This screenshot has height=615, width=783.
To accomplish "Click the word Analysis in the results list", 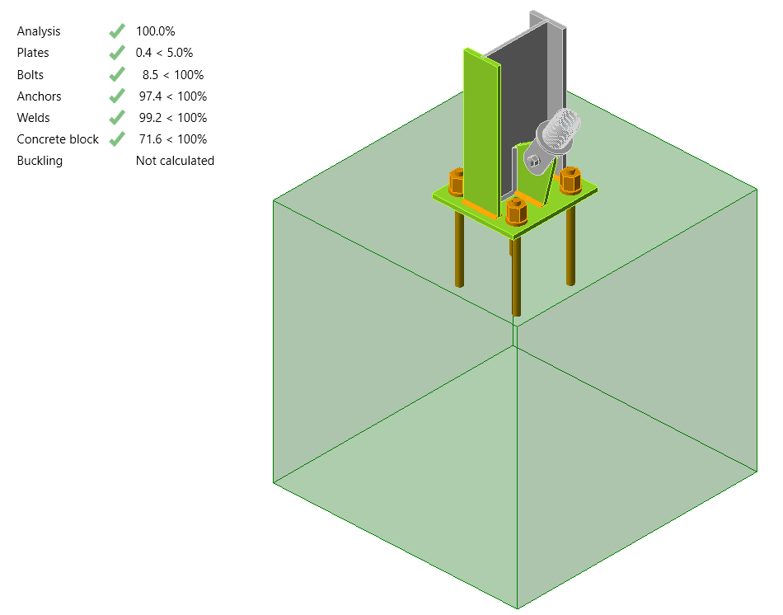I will [x=38, y=31].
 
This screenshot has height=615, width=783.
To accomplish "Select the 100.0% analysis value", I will [x=155, y=31].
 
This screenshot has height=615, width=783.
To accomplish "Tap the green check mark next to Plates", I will [x=116, y=53].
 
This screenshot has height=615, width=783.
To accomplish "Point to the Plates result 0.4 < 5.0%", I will [x=164, y=53].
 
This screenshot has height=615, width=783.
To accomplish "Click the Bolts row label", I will [x=30, y=75].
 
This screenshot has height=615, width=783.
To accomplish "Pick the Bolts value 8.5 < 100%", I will [x=172, y=75].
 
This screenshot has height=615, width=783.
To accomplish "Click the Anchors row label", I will [x=39, y=96].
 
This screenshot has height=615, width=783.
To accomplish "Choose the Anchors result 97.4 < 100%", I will [x=172, y=96].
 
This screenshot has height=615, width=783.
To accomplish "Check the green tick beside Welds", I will [x=116, y=118].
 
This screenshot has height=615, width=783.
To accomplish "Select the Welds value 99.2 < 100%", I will [x=172, y=118].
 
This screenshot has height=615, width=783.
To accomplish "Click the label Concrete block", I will [x=58, y=139].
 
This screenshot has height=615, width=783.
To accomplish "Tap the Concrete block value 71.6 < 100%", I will [x=172, y=139].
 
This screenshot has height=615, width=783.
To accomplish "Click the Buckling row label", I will [x=40, y=161].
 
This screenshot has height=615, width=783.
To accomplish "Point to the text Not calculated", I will [x=175, y=161].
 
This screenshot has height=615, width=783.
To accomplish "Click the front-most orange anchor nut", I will [x=516, y=211].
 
